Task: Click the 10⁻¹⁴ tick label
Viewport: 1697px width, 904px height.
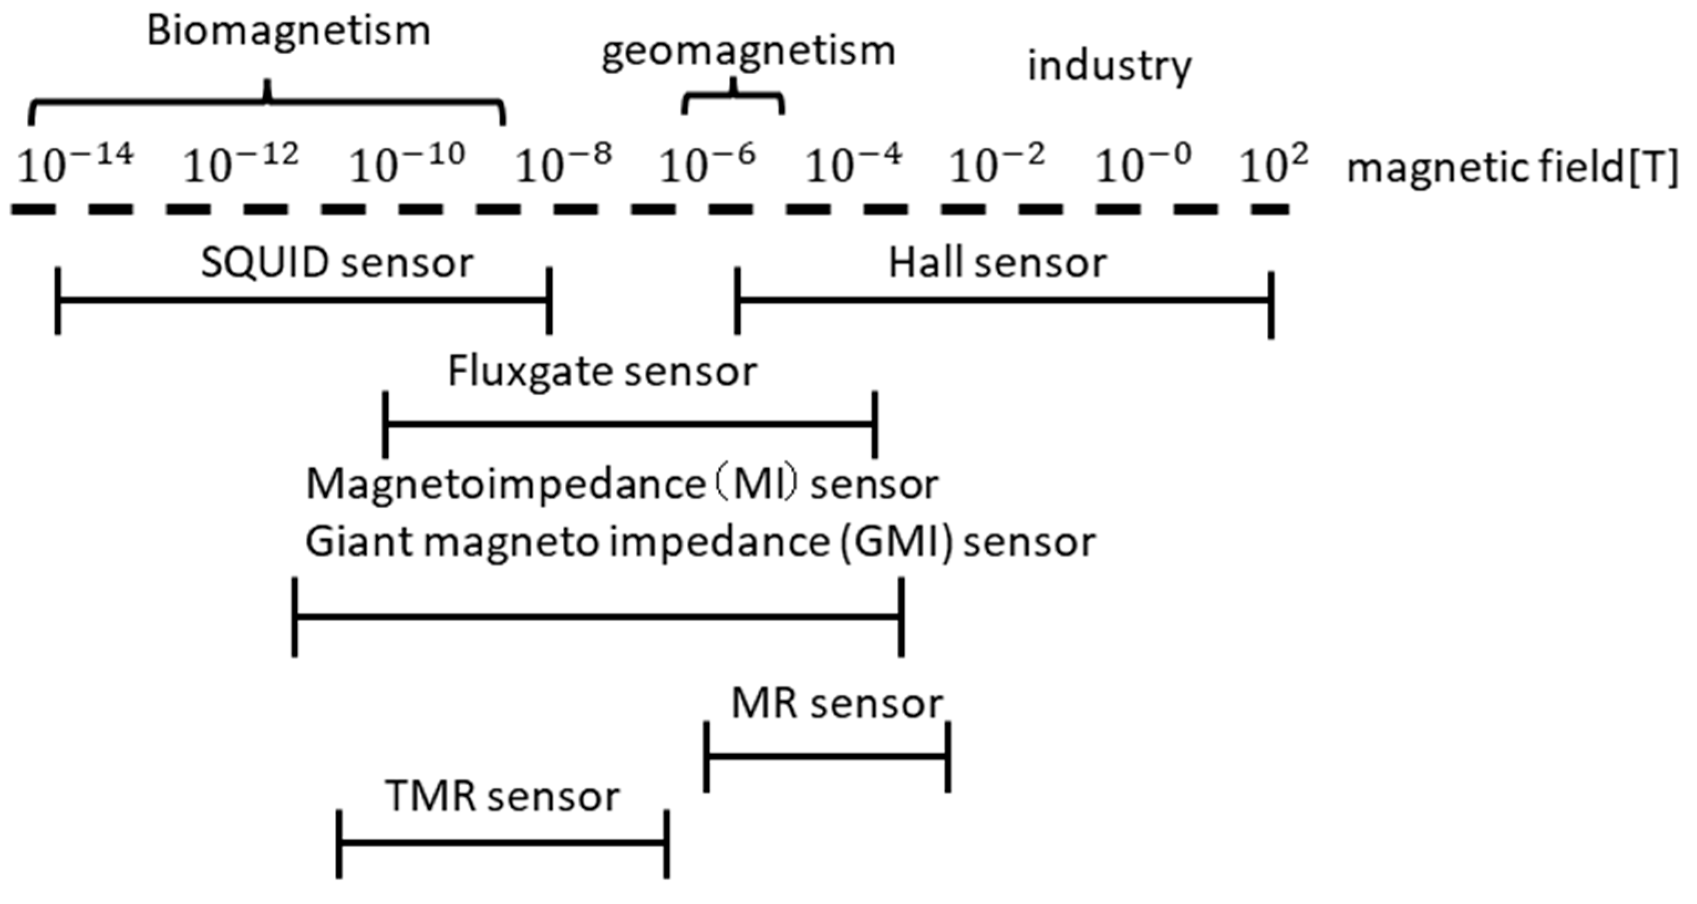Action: pyautogui.click(x=76, y=165)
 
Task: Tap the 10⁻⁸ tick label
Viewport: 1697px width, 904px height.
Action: pyautogui.click(x=563, y=165)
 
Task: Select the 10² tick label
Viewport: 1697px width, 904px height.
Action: pyautogui.click(x=1273, y=165)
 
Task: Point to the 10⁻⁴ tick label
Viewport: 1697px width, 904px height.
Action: pyautogui.click(x=853, y=165)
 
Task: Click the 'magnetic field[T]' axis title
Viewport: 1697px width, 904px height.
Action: pyautogui.click(x=1512, y=168)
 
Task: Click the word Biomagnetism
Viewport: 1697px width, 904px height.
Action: pyautogui.click(x=288, y=32)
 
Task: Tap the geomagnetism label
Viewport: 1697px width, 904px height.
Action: pyautogui.click(x=748, y=51)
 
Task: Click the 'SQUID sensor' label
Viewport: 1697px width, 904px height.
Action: pyautogui.click(x=337, y=264)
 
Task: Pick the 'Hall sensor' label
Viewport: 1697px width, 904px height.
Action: pyautogui.click(x=997, y=264)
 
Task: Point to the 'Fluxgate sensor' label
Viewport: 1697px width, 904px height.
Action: pyautogui.click(x=602, y=371)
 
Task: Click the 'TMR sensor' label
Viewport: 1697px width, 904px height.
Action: pyautogui.click(x=502, y=796)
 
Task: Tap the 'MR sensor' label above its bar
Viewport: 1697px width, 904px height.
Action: pyautogui.click(x=837, y=704)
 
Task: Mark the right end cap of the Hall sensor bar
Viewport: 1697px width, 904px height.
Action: pyautogui.click(x=1271, y=304)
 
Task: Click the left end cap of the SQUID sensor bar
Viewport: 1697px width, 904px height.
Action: pyautogui.click(x=58, y=301)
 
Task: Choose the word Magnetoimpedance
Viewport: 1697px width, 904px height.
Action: pyautogui.click(x=506, y=484)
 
